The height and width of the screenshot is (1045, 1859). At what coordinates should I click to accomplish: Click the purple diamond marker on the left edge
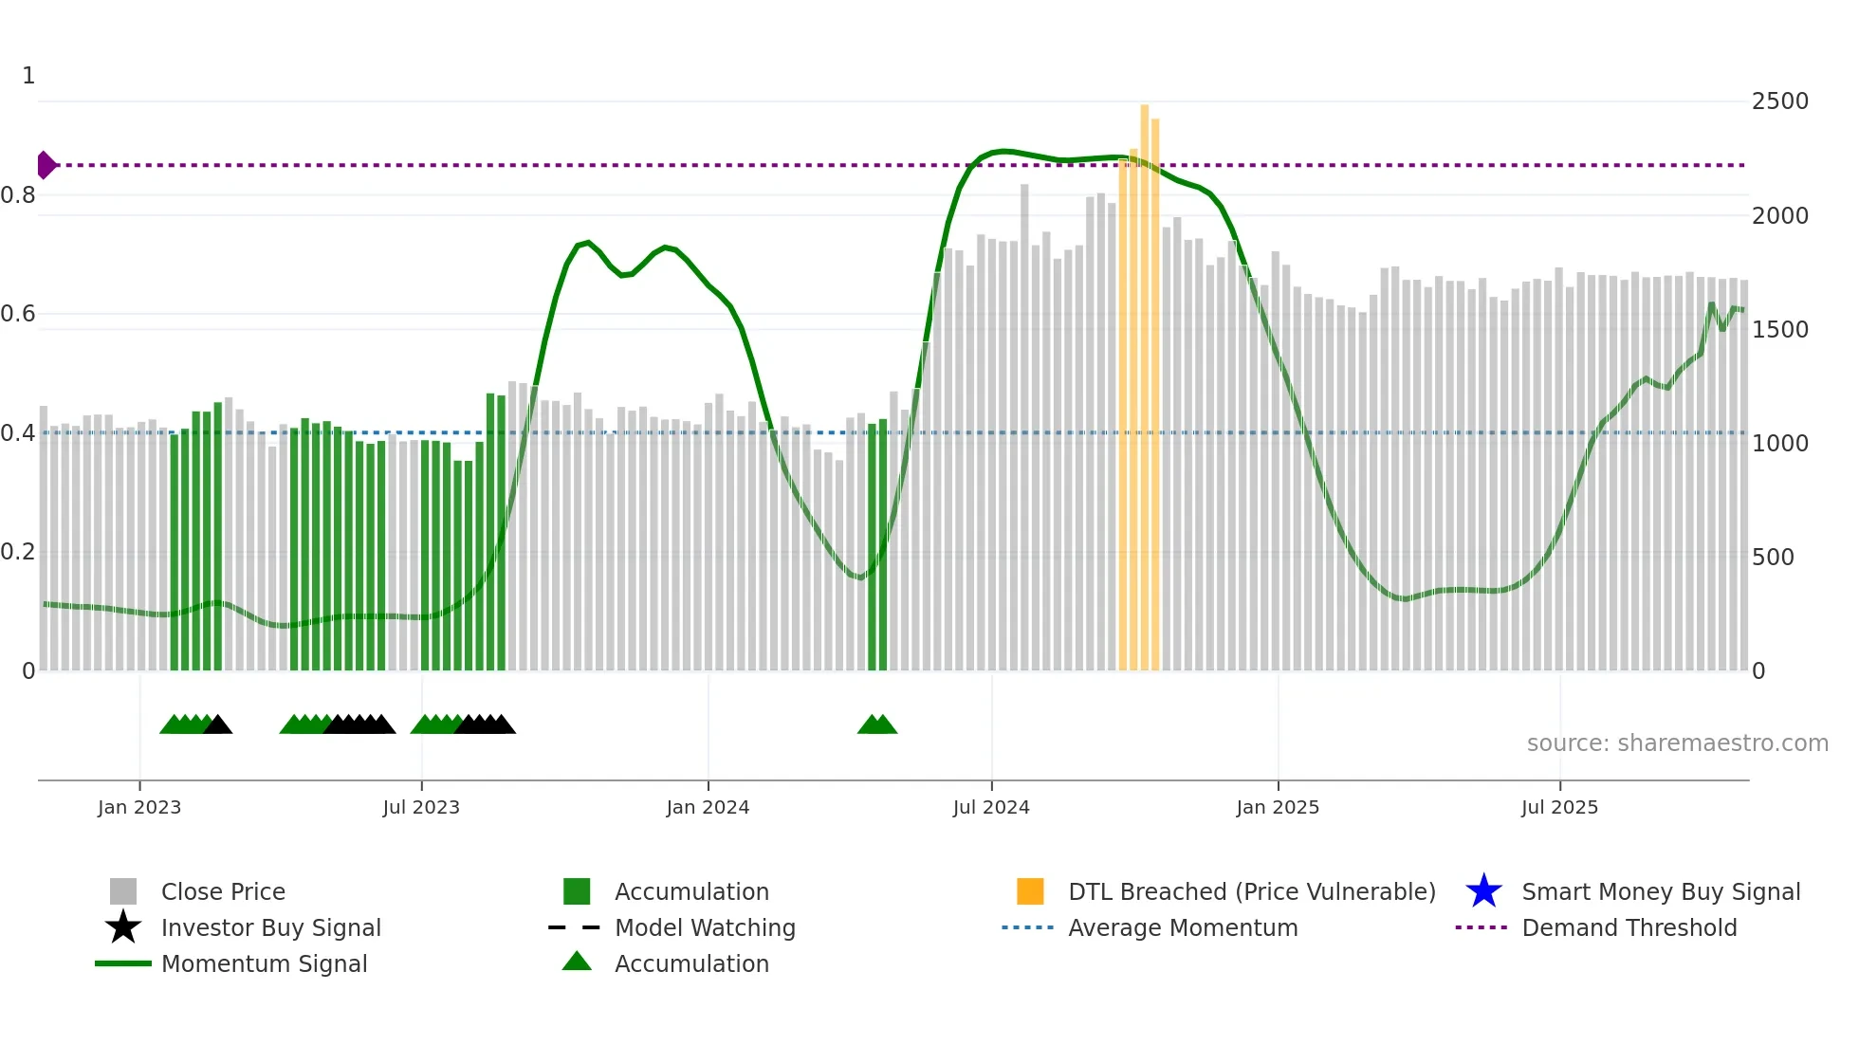46,165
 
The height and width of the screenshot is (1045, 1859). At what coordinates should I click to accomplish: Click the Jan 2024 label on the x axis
708,807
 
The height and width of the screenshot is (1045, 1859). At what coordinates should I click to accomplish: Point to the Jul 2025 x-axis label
1559,807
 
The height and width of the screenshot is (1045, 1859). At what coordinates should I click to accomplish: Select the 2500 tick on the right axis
1779,101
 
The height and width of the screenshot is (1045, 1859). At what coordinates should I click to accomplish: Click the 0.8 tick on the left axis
18,195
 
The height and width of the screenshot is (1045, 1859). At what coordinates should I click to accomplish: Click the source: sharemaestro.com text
1677,742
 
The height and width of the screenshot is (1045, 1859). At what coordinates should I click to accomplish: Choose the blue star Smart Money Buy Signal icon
1483,891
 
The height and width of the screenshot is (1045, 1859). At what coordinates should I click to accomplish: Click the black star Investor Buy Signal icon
123,927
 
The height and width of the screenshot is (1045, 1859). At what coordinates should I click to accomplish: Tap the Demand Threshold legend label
1629,927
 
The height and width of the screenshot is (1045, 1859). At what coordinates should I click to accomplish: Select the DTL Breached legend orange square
1030,891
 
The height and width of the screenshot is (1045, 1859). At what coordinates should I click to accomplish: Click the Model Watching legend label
705,927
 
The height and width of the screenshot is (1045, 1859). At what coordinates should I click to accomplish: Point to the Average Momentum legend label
1183,927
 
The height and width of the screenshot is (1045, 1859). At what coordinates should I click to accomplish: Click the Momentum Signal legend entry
264,963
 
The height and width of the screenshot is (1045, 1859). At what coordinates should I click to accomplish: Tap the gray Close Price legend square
123,891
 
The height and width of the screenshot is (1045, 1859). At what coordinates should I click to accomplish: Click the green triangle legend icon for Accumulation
577,962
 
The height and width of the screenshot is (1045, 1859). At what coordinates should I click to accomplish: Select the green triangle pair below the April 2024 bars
877,725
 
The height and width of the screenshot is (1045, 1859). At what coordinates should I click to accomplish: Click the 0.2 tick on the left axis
18,552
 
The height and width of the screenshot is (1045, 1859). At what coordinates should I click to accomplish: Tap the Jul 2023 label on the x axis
421,807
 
